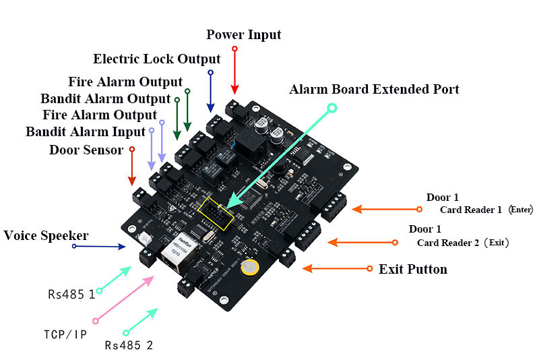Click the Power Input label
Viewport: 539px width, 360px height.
coord(243,35)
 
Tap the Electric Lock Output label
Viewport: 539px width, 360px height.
coord(157,59)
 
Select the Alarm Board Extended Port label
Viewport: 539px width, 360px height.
coord(374,89)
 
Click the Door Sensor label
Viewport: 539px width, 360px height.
coord(86,150)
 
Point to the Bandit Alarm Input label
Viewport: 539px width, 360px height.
coord(86,131)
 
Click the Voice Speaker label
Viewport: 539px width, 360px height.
coord(46,235)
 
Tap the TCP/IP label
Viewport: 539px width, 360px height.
coord(65,334)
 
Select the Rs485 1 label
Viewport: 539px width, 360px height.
coord(71,295)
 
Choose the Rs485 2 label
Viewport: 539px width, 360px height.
coord(129,345)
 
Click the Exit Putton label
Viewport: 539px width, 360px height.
coord(413,269)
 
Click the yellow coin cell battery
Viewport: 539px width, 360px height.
coord(249,267)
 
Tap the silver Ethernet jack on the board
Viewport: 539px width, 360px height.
coord(180,251)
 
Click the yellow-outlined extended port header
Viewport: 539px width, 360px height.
coord(216,213)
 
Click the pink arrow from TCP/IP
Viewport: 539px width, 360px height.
coord(124,299)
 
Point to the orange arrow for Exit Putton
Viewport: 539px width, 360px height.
coord(337,268)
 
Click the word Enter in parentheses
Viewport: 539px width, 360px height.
coord(521,210)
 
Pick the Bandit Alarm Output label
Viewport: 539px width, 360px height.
coord(106,98)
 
